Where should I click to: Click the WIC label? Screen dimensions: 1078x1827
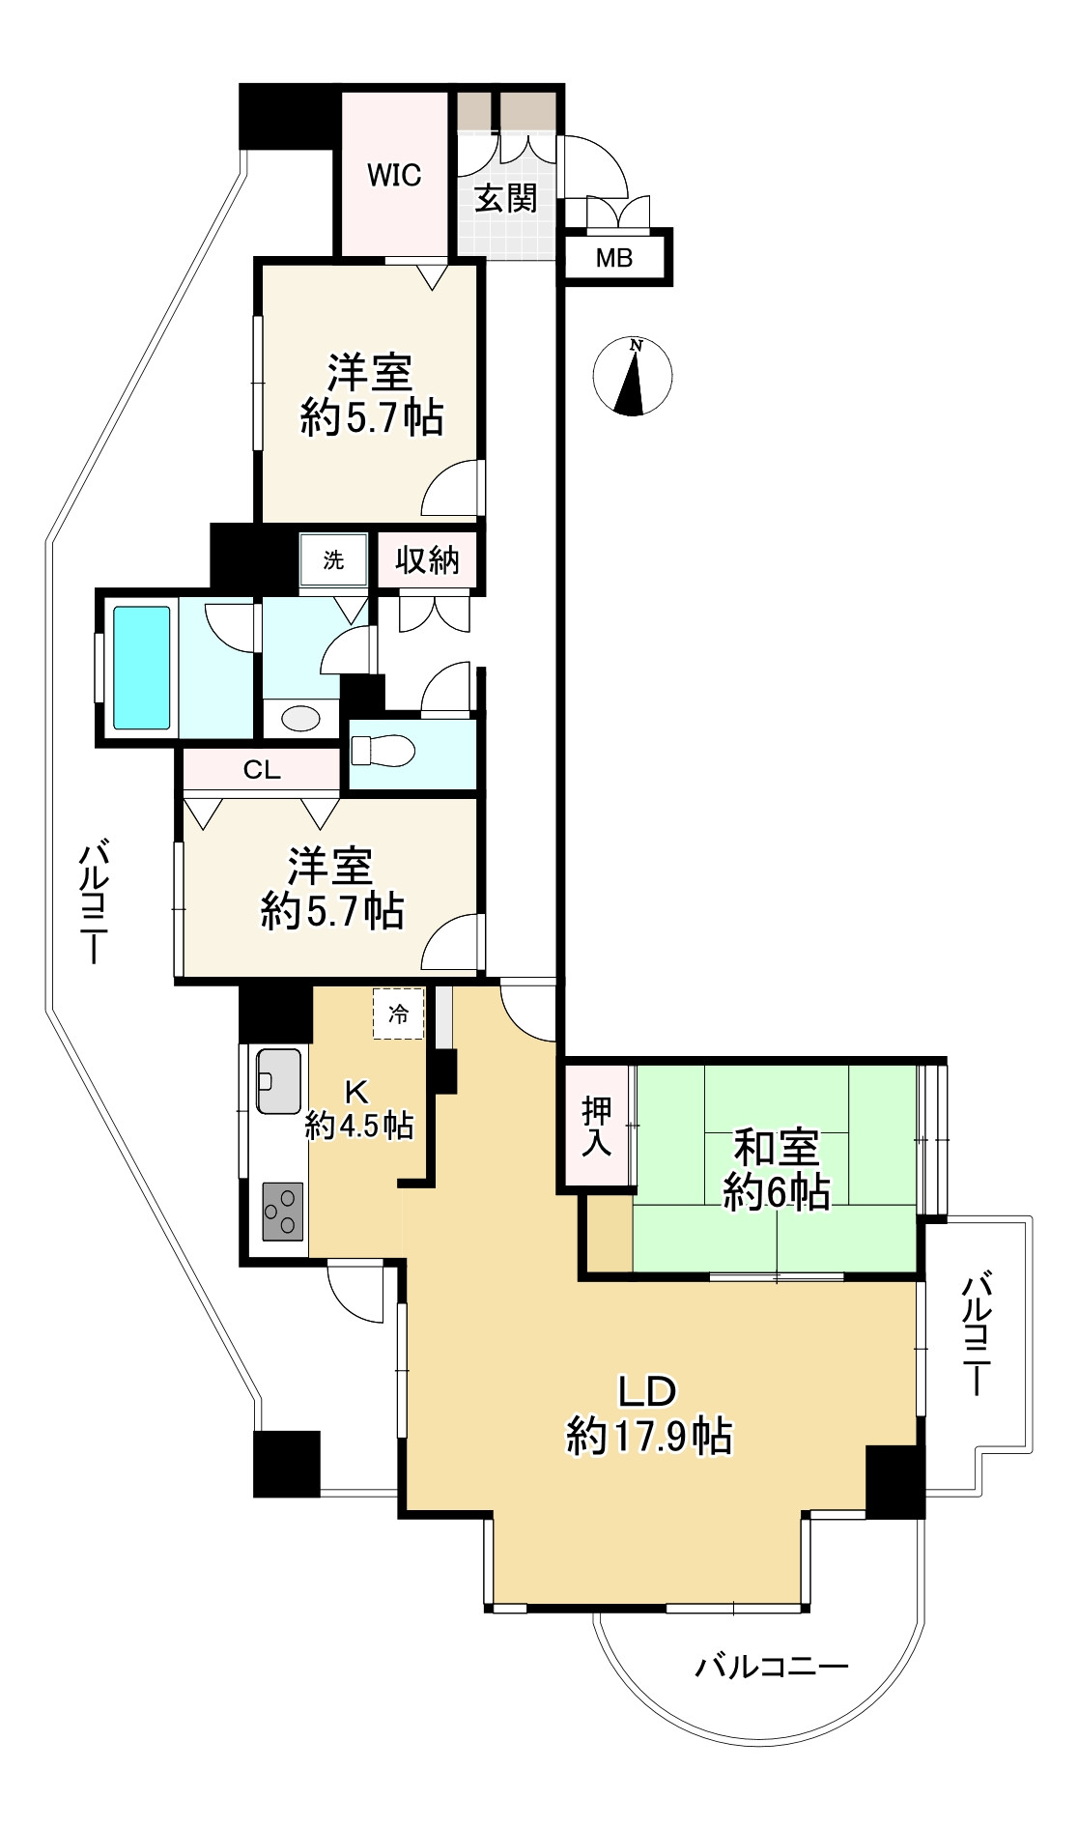(394, 175)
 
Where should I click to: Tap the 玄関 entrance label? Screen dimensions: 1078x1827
(506, 198)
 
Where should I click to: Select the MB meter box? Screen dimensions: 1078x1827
(616, 257)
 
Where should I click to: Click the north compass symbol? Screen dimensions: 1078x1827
(632, 376)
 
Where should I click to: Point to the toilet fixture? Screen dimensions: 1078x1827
(383, 751)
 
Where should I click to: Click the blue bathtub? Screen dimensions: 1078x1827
(142, 667)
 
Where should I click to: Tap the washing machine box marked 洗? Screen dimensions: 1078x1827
(333, 559)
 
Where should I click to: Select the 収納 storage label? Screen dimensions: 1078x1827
(427, 559)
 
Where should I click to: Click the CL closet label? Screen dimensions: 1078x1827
(262, 770)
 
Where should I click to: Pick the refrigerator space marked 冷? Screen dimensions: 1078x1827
(398, 1013)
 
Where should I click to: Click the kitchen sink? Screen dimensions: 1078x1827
(278, 1080)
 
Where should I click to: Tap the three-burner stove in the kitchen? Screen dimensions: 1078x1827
(282, 1212)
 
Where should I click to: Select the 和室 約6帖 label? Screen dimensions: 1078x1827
(777, 1170)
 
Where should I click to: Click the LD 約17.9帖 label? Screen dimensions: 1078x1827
(648, 1414)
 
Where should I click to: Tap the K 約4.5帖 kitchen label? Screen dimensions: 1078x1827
(359, 1108)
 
